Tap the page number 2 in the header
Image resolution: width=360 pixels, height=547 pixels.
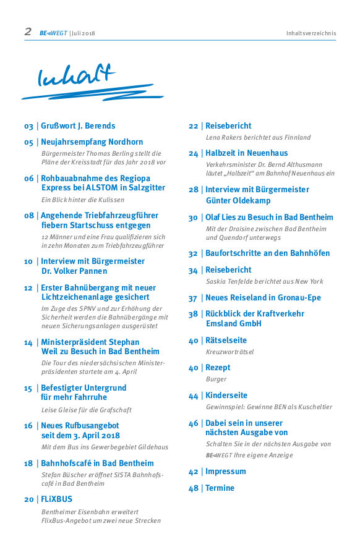coord(28,32)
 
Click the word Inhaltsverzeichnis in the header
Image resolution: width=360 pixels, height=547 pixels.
coord(311,33)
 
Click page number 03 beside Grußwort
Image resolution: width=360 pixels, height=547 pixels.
coord(28,126)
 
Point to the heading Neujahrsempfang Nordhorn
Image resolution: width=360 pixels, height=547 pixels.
coord(92,142)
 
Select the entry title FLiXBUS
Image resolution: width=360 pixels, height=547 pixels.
coord(56,499)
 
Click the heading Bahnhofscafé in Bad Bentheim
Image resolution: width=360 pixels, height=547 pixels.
coord(97,463)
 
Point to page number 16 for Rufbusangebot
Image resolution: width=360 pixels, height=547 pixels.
coord(28,426)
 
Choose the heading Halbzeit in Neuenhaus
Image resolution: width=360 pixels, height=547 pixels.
coord(246,153)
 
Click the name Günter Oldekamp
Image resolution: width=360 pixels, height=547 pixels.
coord(238,201)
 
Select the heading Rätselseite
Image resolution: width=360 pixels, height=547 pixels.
coord(226,341)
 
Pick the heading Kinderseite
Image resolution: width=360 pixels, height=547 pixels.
coord(226,395)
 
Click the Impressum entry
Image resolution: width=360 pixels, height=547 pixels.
coord(225,471)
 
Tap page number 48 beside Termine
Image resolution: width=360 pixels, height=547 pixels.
coord(194,488)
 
